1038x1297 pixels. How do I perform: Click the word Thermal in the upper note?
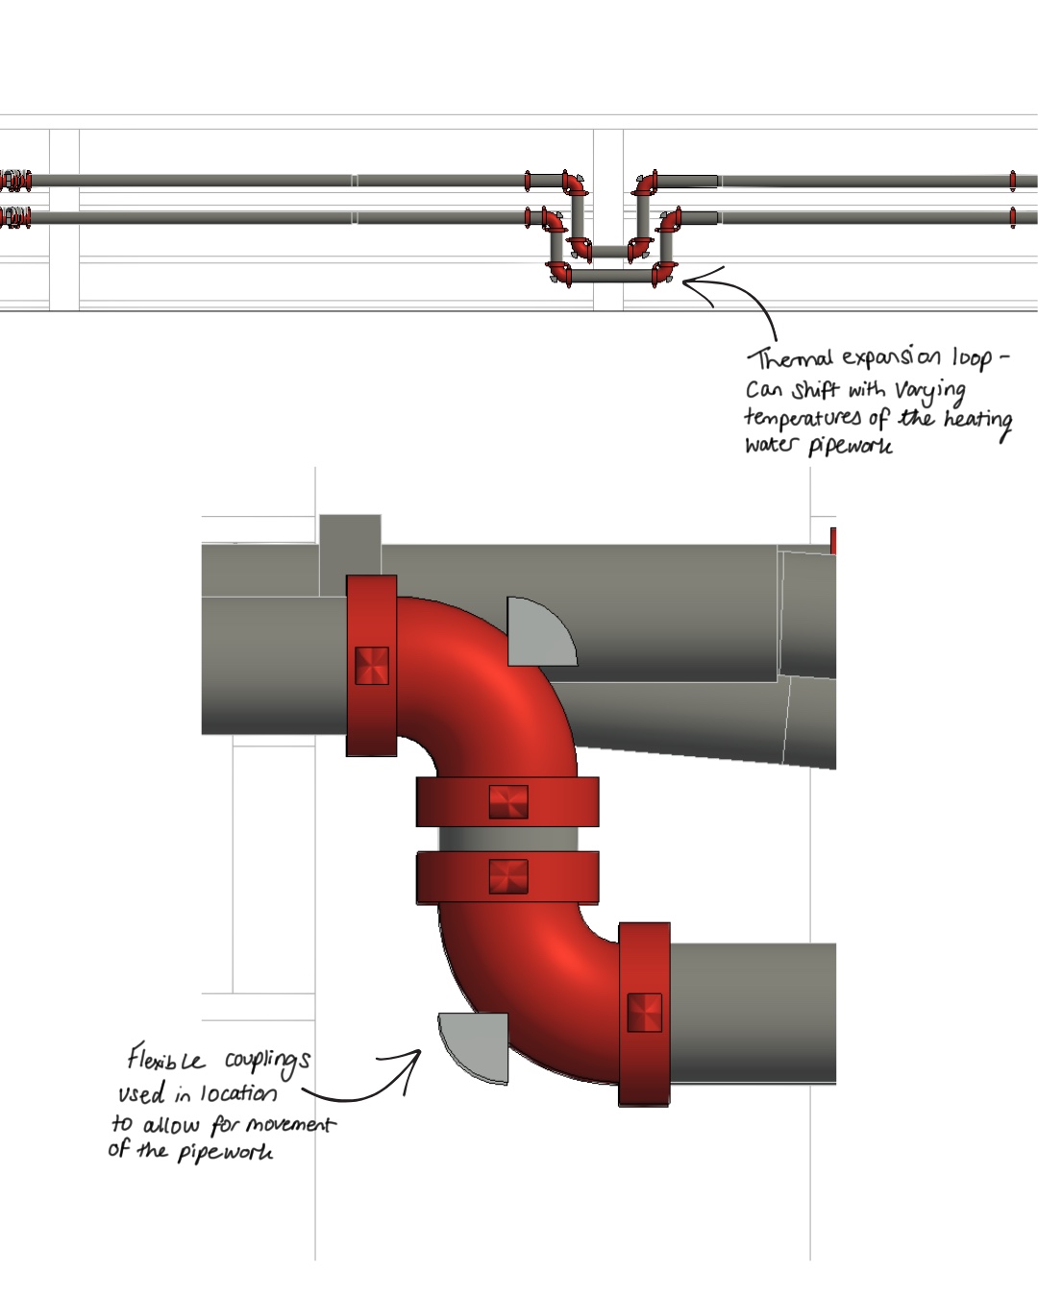790,359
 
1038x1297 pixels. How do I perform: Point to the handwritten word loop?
972,358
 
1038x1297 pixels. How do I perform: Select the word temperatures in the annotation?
803,418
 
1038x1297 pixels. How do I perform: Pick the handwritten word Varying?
929,390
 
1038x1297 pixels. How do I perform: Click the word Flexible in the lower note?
165,1060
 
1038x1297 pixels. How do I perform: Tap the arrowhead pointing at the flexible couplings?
415,1056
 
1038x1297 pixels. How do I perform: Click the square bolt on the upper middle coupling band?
507,801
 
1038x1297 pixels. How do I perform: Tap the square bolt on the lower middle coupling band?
507,876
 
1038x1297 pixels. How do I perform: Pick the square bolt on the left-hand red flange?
372,665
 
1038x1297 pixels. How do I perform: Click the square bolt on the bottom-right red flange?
644,1013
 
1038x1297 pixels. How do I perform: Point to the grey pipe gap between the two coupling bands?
507,839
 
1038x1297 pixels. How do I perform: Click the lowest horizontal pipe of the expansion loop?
611,276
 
